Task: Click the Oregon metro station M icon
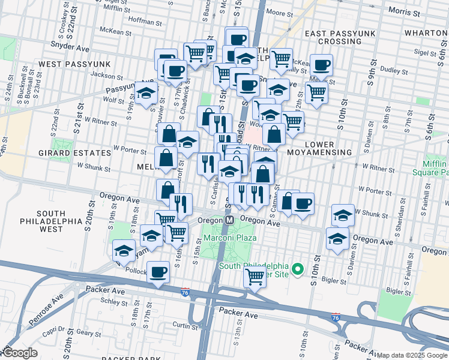pyautogui.click(x=229, y=221)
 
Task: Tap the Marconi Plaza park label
pyautogui.click(x=229, y=238)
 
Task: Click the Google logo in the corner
pyautogui.click(x=19, y=353)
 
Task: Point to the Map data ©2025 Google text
pyautogui.click(x=412, y=355)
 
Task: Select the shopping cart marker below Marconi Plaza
pyautogui.click(x=255, y=277)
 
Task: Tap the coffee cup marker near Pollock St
pyautogui.click(x=158, y=272)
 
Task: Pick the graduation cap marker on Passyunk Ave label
pyautogui.click(x=146, y=93)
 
